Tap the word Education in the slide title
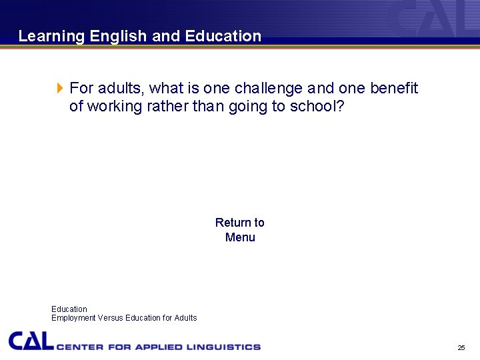[x=223, y=37]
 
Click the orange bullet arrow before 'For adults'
[x=59, y=88]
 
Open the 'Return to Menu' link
[x=240, y=230]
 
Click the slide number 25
[x=461, y=348]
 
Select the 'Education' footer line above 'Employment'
[x=69, y=309]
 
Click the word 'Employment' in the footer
[x=73, y=318]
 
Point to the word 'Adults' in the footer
[x=185, y=318]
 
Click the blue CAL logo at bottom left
[x=31, y=341]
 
